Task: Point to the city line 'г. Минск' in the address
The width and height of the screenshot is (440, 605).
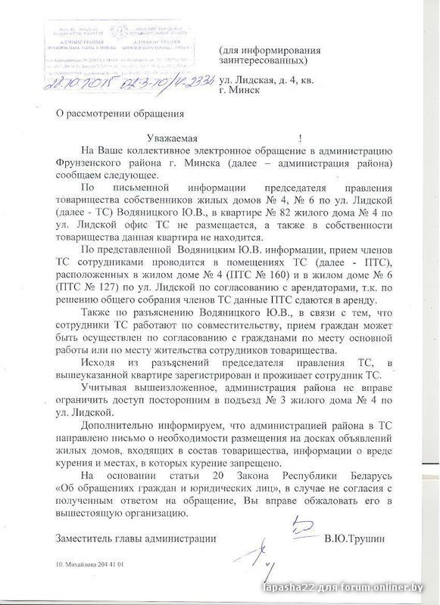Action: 242,89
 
